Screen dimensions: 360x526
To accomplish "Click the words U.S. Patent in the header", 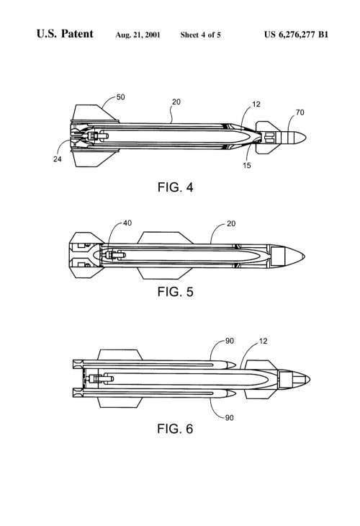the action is click(65, 34).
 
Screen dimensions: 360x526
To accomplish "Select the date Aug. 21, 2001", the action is click(138, 35).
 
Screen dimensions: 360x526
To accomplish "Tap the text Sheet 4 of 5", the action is click(200, 35).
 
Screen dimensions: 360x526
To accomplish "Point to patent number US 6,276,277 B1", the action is click(296, 35).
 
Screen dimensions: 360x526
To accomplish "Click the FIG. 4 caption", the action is click(175, 187).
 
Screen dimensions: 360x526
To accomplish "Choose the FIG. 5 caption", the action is click(175, 292).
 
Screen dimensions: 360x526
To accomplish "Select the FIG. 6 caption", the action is click(175, 429).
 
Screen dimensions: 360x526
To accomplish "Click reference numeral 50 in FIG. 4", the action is click(121, 97).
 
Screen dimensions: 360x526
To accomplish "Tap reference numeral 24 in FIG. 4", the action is click(58, 159).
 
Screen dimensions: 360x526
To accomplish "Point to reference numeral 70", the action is click(300, 112).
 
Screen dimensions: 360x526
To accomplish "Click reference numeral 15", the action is click(247, 166).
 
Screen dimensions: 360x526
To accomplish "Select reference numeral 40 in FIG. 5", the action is click(127, 223).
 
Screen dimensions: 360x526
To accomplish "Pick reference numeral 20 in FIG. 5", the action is click(231, 224).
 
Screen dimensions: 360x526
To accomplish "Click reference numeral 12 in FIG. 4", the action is click(256, 104).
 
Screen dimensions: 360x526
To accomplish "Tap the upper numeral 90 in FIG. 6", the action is click(229, 341).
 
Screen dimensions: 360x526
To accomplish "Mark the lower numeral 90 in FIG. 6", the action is click(229, 418).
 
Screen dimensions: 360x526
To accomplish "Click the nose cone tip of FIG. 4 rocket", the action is click(306, 138).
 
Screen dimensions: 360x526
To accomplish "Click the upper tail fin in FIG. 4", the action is click(95, 112).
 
